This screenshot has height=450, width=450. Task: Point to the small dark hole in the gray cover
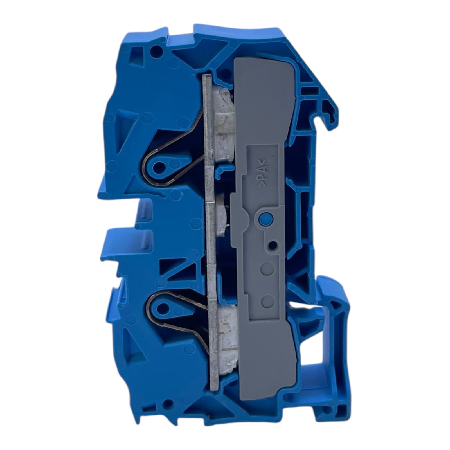(272, 246)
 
